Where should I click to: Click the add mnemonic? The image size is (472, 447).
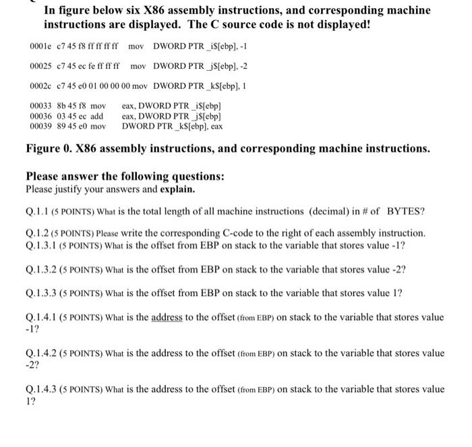pos(96,116)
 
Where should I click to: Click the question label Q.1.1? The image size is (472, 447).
pos(38,211)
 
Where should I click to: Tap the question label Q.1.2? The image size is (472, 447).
pos(38,233)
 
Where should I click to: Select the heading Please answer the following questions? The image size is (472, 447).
pos(125,177)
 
